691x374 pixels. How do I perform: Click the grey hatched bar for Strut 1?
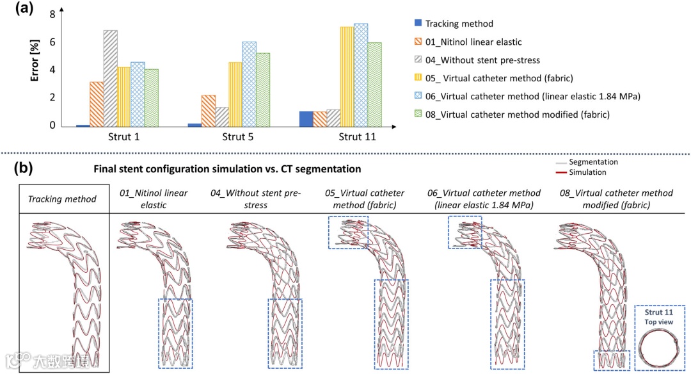pyautogui.click(x=110, y=77)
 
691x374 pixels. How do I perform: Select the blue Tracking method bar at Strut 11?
pyautogui.click(x=306, y=118)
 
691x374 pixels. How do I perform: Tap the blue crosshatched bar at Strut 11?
pyautogui.click(x=361, y=74)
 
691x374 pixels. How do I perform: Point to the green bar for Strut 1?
pyautogui.click(x=151, y=97)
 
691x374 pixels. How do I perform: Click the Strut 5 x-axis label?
pyautogui.click(x=235, y=137)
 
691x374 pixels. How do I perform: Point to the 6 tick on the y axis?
pyautogui.click(x=51, y=42)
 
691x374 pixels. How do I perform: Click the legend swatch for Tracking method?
pyautogui.click(x=418, y=24)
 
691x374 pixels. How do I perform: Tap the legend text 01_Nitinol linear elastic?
pyautogui.click(x=473, y=42)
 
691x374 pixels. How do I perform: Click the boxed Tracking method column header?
pyautogui.click(x=62, y=199)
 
